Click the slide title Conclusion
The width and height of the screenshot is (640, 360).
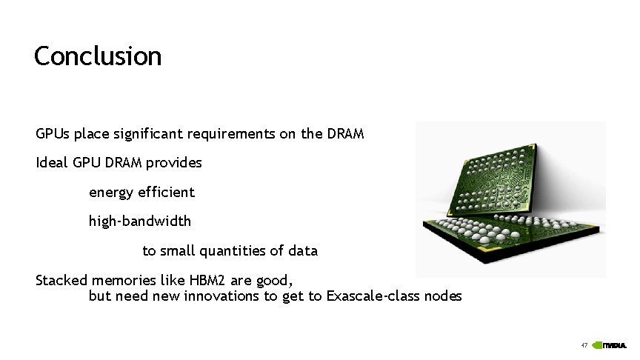pyautogui.click(x=97, y=56)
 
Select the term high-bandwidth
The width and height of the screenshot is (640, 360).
pyautogui.click(x=140, y=221)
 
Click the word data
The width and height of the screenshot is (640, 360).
pyautogui.click(x=303, y=251)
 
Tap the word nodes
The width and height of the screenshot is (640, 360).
pyautogui.click(x=443, y=296)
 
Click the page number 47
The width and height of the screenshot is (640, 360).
pyautogui.click(x=584, y=345)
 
